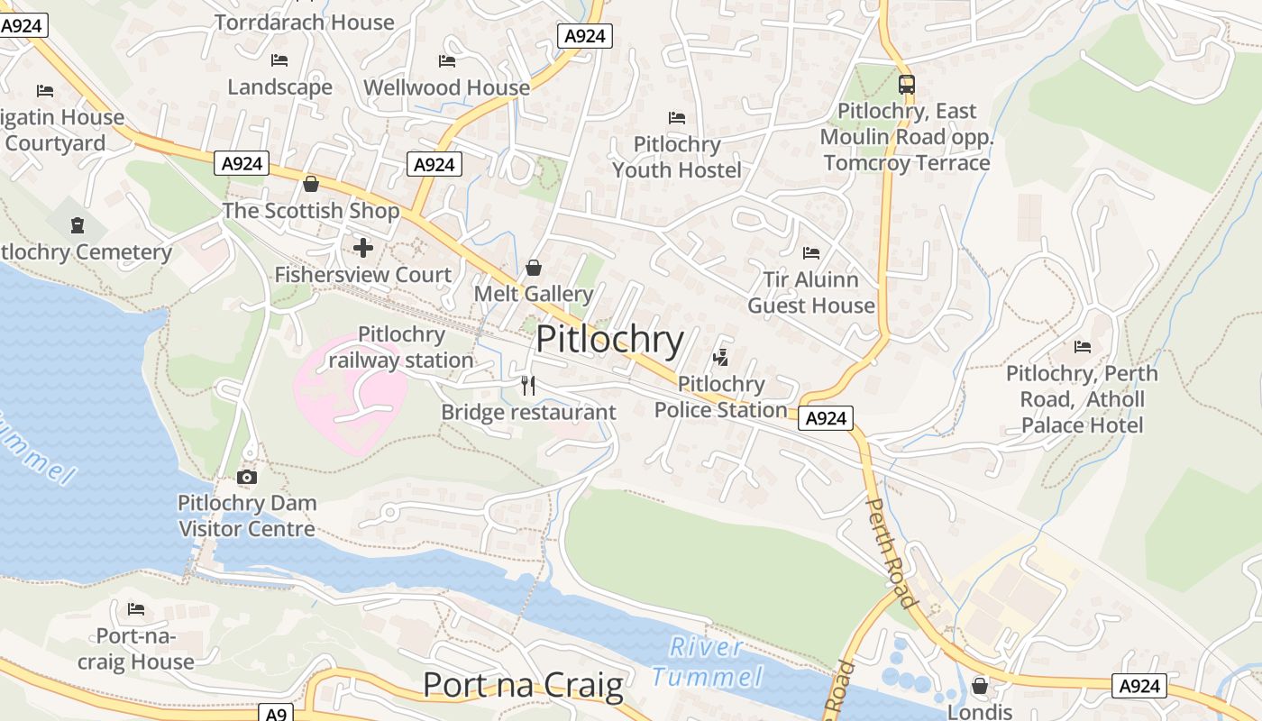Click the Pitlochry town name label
click(610, 340)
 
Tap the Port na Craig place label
click(523, 686)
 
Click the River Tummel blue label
click(708, 662)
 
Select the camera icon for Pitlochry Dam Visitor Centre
click(246, 477)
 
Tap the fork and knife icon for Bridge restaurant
click(528, 386)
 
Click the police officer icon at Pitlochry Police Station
click(720, 358)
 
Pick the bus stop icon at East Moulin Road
click(906, 85)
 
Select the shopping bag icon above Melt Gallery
click(533, 268)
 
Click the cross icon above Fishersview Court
click(363, 247)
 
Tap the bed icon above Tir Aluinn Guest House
click(811, 253)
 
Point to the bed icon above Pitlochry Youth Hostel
click(677, 118)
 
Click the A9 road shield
click(276, 713)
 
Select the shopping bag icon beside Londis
click(980, 686)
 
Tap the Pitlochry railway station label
click(401, 348)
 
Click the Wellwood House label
click(446, 87)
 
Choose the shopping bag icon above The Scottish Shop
click(311, 184)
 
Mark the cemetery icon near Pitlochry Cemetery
click(78, 224)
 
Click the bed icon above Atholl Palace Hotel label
click(1082, 346)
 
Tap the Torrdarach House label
click(305, 23)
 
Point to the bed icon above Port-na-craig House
click(136, 609)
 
